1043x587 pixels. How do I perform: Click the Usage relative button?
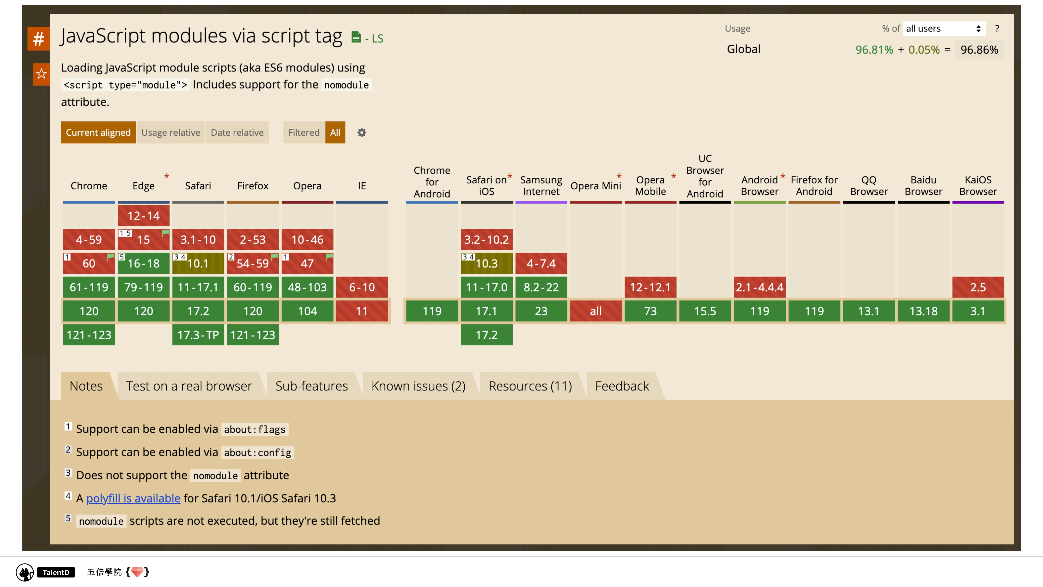(171, 133)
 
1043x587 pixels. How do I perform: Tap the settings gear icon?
(362, 133)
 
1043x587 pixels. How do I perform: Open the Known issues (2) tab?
(418, 386)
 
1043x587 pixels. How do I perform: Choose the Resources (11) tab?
(530, 386)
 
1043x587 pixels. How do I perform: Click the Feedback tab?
(622, 386)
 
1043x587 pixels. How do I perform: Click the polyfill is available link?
(133, 498)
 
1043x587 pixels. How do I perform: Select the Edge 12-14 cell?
(143, 215)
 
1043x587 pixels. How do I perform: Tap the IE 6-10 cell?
(362, 287)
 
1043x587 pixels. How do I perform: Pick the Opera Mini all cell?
(596, 311)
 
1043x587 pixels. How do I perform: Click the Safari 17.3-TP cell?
(198, 335)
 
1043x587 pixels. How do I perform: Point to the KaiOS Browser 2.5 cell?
(978, 287)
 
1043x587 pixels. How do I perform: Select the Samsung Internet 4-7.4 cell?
(541, 263)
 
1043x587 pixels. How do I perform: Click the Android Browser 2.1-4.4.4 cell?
(760, 287)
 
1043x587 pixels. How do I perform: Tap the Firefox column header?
(253, 186)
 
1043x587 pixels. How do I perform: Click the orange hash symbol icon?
(39, 39)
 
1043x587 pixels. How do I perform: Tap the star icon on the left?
(41, 74)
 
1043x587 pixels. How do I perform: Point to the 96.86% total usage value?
(979, 50)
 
